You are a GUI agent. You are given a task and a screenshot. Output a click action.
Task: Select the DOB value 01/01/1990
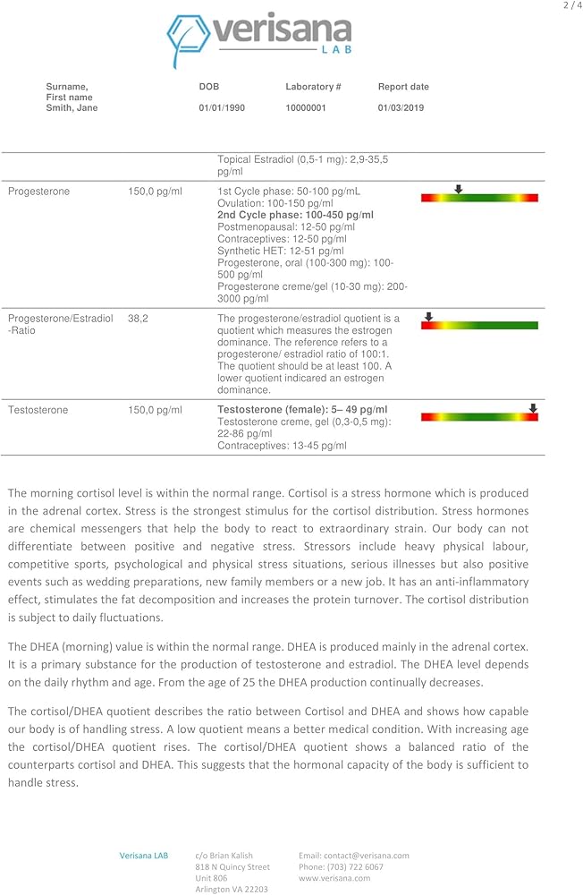point(222,108)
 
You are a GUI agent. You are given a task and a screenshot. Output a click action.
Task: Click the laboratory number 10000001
point(306,108)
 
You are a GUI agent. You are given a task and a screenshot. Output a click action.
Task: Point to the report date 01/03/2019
point(401,108)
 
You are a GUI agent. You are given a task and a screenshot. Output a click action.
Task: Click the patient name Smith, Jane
point(72,108)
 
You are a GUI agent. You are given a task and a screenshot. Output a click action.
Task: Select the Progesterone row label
point(38,192)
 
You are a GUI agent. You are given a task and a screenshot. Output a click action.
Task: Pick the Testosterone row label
point(38,410)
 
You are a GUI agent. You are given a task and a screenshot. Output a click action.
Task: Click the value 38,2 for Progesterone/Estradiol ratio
point(138,319)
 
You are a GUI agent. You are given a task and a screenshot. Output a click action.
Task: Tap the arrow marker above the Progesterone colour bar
point(458,189)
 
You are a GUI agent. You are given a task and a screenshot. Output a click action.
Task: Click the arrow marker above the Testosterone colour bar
point(533,408)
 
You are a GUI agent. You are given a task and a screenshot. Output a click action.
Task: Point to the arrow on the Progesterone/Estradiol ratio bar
point(428,317)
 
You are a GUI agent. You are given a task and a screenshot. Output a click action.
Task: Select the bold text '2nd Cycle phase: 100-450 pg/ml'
point(295,216)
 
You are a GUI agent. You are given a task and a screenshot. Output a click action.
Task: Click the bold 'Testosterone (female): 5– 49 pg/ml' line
point(302,410)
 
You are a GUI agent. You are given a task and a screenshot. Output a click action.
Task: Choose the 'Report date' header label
point(403,87)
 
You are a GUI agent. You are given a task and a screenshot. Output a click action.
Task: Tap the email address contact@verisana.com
point(353,856)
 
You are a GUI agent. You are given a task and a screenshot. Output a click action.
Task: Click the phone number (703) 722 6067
point(341,867)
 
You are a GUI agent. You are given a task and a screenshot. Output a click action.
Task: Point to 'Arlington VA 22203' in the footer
point(232,889)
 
